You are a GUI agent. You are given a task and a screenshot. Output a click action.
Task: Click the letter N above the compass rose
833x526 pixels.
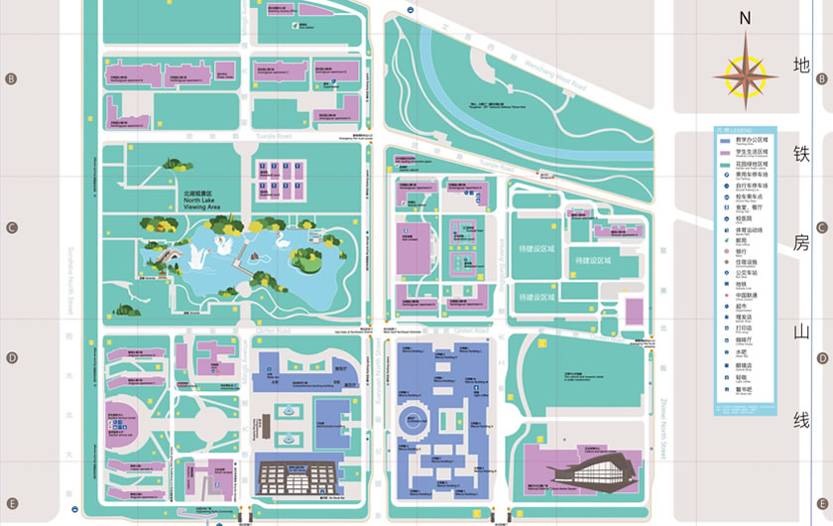746,17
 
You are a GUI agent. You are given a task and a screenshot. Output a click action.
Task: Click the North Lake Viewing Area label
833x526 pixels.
201,202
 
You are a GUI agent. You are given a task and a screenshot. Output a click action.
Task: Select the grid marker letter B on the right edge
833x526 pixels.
821,78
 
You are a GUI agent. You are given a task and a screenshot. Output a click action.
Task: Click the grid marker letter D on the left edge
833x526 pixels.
12,358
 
